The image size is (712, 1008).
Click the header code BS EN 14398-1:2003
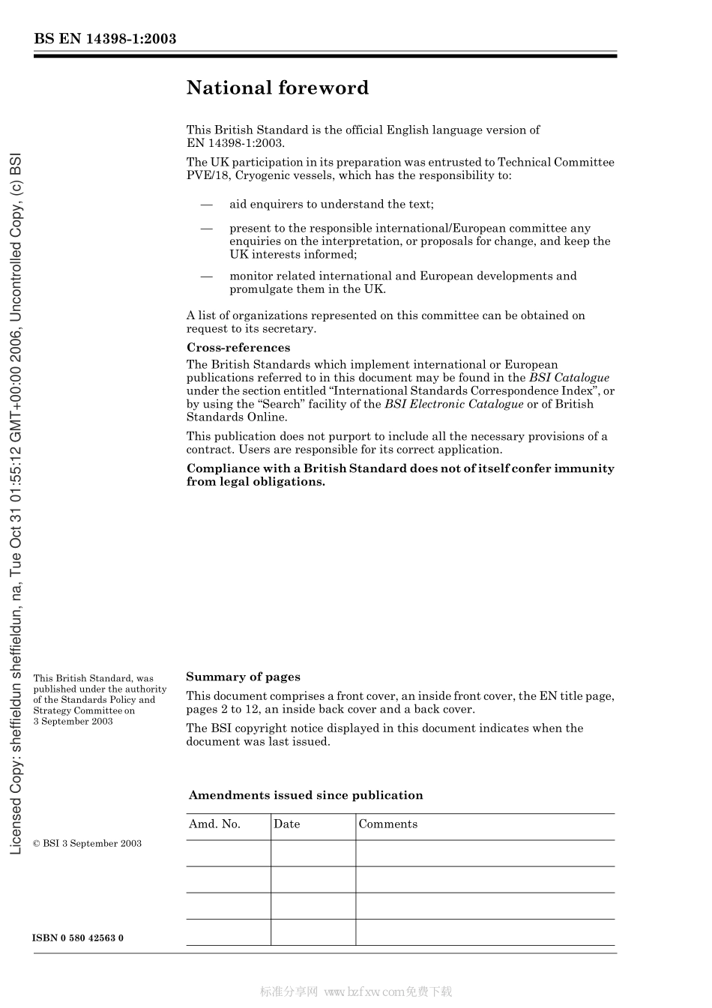pyautogui.click(x=105, y=39)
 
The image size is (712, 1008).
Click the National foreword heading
pyautogui.click(x=277, y=88)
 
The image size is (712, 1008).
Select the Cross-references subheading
pyautogui.click(x=238, y=348)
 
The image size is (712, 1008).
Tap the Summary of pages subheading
pyautogui.click(x=243, y=677)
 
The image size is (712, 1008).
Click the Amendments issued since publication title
pyautogui.click(x=306, y=795)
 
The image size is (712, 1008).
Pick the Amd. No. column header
pyautogui.click(x=214, y=824)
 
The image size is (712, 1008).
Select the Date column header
pyautogui.click(x=286, y=824)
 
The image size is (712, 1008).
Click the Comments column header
pyautogui.click(x=387, y=824)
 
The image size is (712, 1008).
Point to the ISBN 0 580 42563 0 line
pyautogui.click(x=78, y=938)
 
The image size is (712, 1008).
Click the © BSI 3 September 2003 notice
pyautogui.click(x=87, y=844)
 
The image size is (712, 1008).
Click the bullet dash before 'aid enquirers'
pyautogui.click(x=206, y=205)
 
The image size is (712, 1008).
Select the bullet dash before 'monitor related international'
pyautogui.click(x=206, y=277)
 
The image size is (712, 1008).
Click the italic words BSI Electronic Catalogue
pyautogui.click(x=453, y=405)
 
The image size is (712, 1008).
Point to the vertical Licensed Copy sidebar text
pyautogui.click(x=16, y=504)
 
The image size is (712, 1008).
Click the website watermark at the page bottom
pyautogui.click(x=356, y=992)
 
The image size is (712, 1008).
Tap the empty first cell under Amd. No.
pyautogui.click(x=228, y=853)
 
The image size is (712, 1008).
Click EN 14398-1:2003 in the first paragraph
pyautogui.click(x=235, y=143)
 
